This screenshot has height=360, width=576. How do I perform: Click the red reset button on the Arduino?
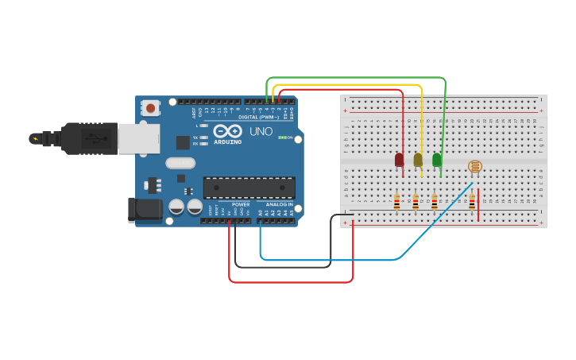coord(150,107)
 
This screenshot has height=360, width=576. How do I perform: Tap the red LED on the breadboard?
coord(399,160)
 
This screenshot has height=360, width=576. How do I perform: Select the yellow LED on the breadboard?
coord(418,160)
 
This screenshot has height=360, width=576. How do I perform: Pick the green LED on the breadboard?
coord(436,160)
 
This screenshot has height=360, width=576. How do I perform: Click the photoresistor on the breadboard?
coord(474,167)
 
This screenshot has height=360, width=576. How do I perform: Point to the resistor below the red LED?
coord(396,203)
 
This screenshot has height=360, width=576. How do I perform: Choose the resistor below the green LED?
coord(434,203)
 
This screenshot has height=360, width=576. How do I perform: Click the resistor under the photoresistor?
coord(471,203)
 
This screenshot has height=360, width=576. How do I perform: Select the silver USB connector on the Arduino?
coord(138,137)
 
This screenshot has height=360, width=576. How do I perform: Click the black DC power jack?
coord(145,209)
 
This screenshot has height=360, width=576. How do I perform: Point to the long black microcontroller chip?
coord(249,188)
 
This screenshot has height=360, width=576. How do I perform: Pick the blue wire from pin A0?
coord(334,259)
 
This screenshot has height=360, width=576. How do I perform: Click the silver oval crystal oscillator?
coord(180,163)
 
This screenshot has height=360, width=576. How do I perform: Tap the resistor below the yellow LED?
coord(415,203)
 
